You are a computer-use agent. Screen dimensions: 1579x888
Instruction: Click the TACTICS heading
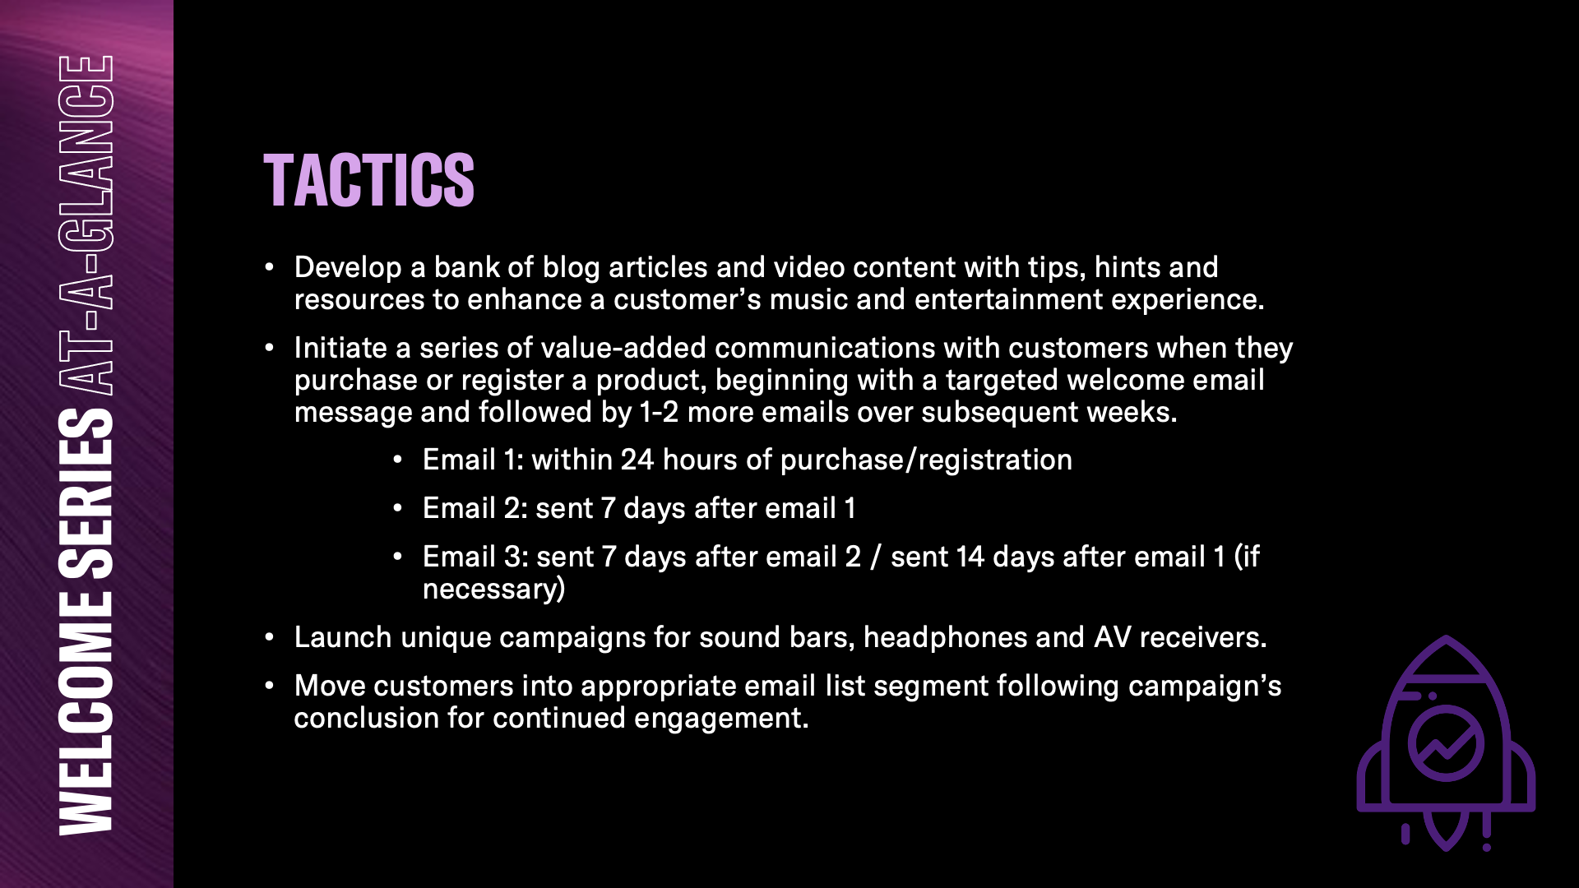368,180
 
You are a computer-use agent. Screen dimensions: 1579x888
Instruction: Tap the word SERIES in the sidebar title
86,494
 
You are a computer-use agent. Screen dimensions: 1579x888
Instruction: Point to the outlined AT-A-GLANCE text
86,224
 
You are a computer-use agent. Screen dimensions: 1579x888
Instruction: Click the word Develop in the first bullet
348,268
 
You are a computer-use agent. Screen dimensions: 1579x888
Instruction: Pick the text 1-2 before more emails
659,412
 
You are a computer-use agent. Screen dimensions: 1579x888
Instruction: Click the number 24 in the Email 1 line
637,460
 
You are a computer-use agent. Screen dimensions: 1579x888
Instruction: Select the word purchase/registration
926,460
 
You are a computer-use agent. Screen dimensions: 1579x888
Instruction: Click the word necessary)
493,590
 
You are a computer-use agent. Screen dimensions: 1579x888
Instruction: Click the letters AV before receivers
1113,637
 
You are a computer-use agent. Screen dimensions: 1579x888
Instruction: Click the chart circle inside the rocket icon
1446,742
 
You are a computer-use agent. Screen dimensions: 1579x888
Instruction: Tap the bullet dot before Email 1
397,460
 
